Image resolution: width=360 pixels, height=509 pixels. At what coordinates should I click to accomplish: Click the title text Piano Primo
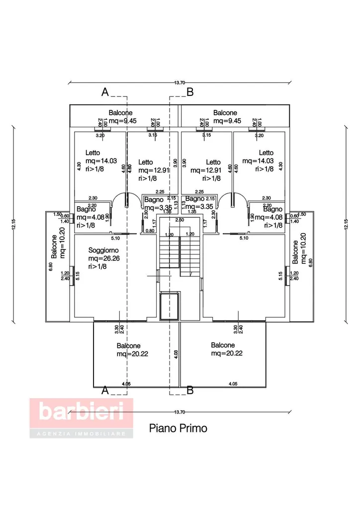(x=178, y=428)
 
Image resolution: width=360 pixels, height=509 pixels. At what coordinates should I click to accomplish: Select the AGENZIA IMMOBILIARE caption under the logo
(x=81, y=434)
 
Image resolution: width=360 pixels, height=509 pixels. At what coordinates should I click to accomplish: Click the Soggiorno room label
(x=103, y=250)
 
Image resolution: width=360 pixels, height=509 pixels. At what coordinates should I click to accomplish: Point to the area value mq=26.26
(x=104, y=258)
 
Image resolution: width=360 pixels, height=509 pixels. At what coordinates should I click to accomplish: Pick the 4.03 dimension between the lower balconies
(x=175, y=354)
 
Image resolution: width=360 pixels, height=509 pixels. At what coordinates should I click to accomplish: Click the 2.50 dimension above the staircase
(x=180, y=219)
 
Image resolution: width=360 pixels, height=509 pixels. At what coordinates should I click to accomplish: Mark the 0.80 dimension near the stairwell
(x=150, y=230)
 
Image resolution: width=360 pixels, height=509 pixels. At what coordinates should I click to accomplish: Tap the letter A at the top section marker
(x=105, y=92)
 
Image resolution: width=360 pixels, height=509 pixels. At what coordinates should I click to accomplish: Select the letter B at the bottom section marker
(x=189, y=390)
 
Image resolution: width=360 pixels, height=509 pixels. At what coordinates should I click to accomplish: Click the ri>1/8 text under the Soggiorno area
(x=97, y=266)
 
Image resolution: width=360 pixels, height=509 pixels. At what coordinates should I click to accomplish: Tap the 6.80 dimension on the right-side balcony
(x=311, y=262)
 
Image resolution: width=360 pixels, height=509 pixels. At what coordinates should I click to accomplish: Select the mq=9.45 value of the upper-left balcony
(x=122, y=121)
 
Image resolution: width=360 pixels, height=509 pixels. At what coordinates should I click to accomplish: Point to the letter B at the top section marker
(x=189, y=92)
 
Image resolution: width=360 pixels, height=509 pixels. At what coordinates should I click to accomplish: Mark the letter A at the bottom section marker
(x=105, y=390)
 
